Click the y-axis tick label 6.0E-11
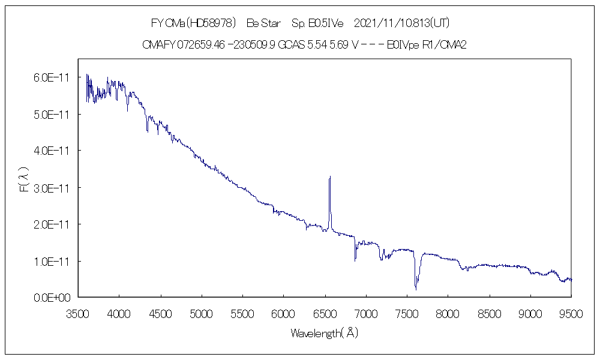click(x=52, y=77)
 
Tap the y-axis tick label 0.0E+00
click(x=52, y=298)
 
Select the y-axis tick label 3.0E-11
click(x=52, y=188)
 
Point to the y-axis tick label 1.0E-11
click(x=52, y=261)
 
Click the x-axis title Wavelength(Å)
click(x=324, y=333)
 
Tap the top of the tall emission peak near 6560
click(x=330, y=176)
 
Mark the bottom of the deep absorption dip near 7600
click(x=416, y=289)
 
